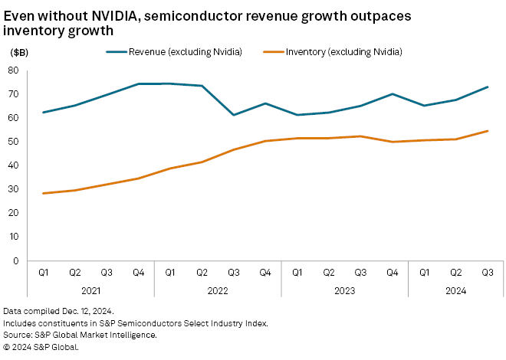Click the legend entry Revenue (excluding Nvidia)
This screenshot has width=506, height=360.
pos(186,52)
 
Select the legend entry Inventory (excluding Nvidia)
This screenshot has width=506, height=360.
pos(343,52)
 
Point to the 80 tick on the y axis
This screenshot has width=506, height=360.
pos(14,70)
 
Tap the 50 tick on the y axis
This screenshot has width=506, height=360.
pos(14,142)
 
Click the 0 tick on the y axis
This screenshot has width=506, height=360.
pos(16,261)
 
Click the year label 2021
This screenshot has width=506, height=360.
pos(90,291)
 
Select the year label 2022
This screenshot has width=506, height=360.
pos(218,291)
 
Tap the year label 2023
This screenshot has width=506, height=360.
pos(344,291)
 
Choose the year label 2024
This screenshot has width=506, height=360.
pos(455,291)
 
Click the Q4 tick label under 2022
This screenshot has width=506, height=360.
pos(264,273)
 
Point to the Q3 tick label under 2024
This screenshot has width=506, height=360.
pos(487,273)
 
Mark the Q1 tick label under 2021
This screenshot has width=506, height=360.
pos(43,273)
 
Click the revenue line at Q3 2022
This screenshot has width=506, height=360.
pos(233,115)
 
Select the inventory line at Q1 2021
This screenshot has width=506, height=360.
pos(43,193)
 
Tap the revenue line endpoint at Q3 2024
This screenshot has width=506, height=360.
pos(487,87)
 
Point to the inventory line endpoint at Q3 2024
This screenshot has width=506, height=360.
pos(487,131)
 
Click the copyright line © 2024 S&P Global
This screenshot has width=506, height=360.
pos(41,346)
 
